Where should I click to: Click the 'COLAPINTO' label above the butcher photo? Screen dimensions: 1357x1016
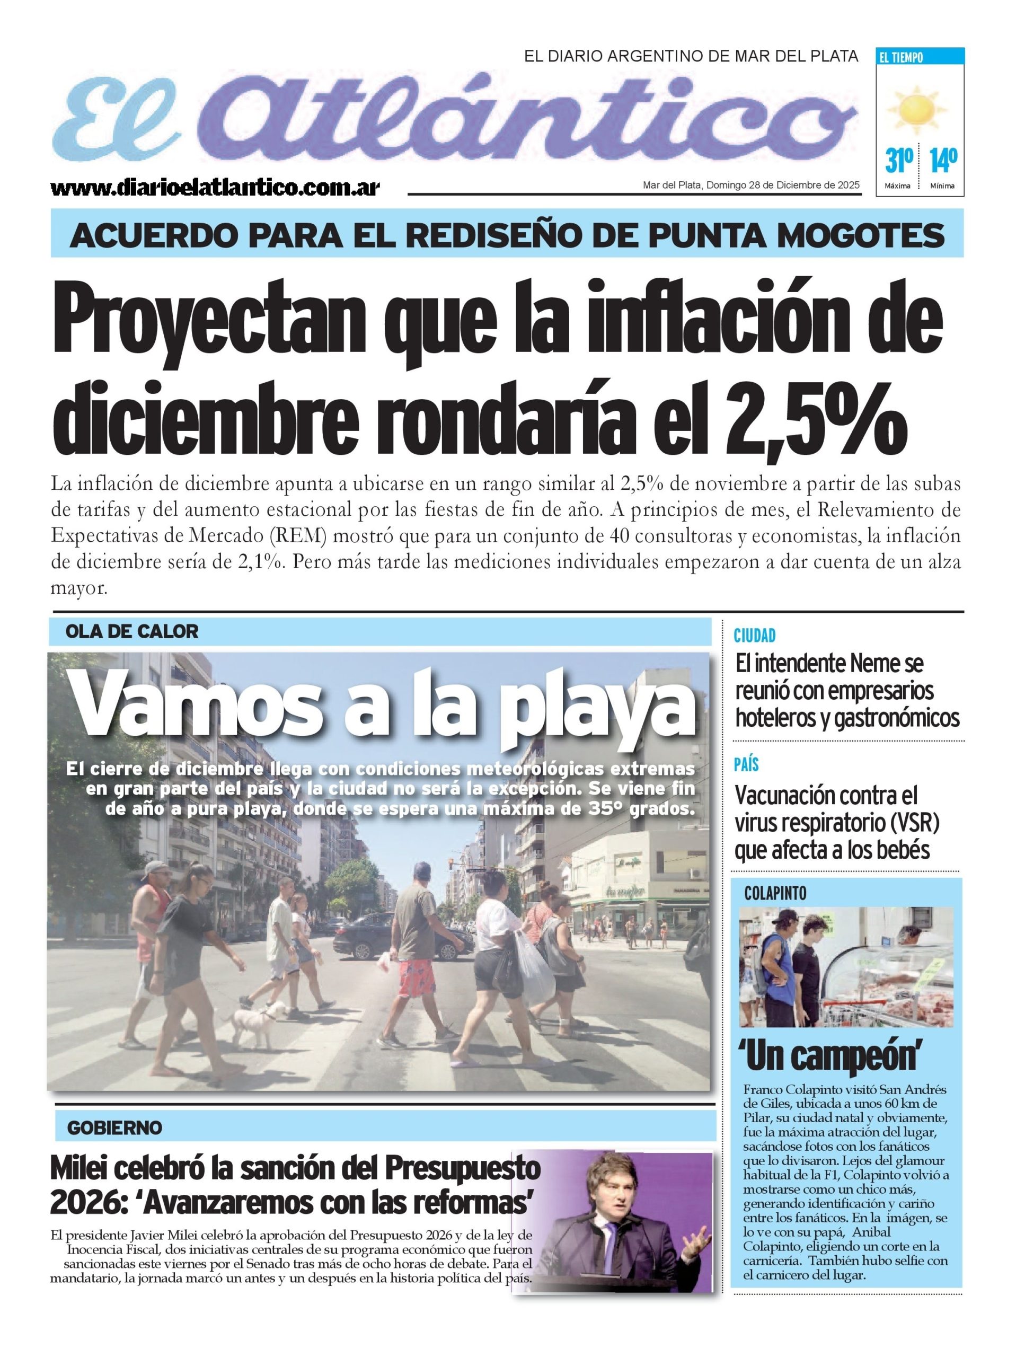pos(775,894)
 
